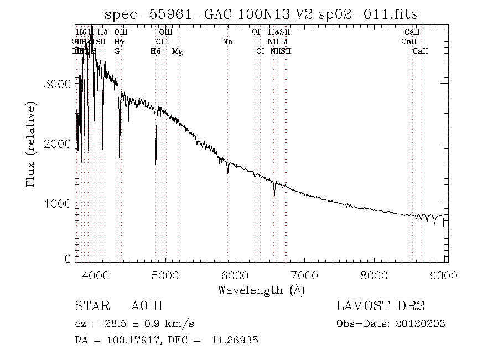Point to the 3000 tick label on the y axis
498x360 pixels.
tap(56, 84)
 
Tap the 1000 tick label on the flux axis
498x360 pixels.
tap(56, 204)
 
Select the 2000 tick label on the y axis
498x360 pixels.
tap(56, 144)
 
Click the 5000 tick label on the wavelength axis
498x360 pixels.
tap(164, 275)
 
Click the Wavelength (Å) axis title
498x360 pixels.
tap(261, 289)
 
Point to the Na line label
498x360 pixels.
tap(227, 42)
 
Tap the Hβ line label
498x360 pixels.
tap(155, 51)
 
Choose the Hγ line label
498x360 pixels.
tap(119, 42)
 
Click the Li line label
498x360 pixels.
tap(284, 42)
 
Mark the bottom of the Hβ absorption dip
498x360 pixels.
tap(155, 164)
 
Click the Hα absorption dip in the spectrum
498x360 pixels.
tap(274, 195)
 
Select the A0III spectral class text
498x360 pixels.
tap(147, 306)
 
